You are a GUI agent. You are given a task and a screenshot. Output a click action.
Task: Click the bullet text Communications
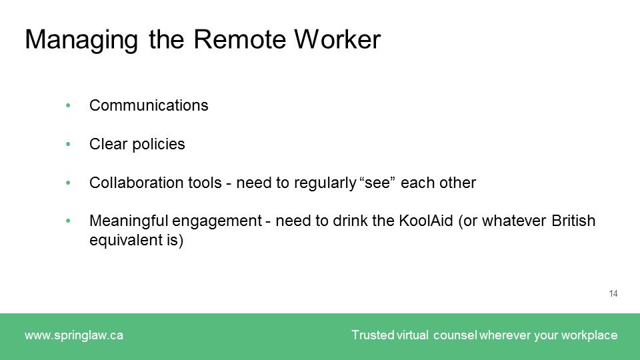[149, 105]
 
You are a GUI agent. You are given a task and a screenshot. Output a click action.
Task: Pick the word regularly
[325, 183]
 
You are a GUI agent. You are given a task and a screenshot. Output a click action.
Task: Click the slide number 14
[613, 293]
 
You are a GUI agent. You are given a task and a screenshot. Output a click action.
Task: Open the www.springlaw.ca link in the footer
[74, 335]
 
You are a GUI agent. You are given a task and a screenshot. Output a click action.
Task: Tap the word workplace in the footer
[589, 335]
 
